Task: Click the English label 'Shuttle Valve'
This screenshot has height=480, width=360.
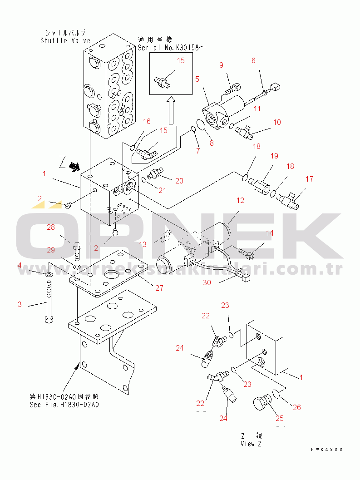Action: (x=65, y=40)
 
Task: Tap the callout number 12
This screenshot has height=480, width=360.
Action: (x=240, y=200)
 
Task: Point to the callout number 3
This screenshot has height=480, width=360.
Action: (x=20, y=304)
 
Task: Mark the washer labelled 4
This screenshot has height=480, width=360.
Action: (x=48, y=275)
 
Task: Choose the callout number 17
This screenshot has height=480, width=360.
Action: (x=309, y=179)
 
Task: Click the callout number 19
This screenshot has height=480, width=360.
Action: (x=274, y=156)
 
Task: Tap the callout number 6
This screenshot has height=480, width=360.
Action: (x=254, y=60)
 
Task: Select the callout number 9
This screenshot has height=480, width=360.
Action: (x=222, y=65)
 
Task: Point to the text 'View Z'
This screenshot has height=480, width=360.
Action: (x=251, y=444)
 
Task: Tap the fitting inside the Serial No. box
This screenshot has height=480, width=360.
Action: (x=162, y=80)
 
